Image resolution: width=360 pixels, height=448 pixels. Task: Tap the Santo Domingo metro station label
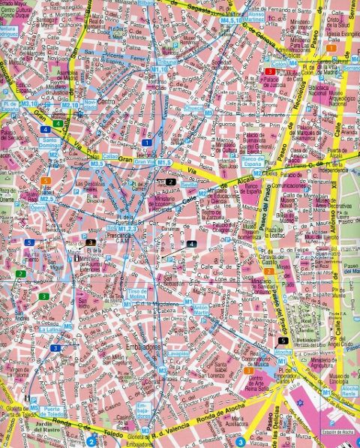pos(51,142)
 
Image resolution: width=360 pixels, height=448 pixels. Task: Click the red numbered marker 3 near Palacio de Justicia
pos(268,71)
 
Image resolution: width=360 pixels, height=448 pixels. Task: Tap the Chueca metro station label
pos(193,108)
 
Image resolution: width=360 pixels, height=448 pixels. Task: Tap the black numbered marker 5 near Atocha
pos(282,340)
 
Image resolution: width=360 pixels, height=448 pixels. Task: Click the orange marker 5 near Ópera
pos(46,181)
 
